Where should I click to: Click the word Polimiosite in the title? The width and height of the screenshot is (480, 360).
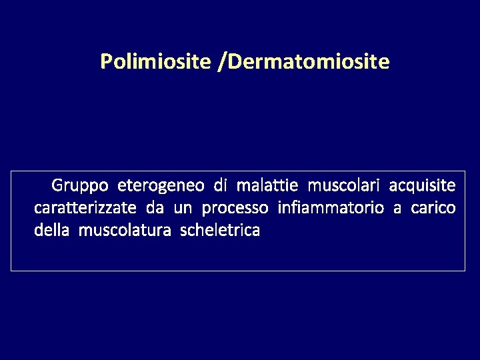(x=157, y=63)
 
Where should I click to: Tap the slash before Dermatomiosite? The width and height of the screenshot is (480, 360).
(x=222, y=63)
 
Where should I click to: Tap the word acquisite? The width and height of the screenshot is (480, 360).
(x=423, y=184)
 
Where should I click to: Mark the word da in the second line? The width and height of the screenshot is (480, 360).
(x=155, y=208)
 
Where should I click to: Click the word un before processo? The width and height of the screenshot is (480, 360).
(x=183, y=208)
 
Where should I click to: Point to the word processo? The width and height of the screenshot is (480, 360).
(x=235, y=209)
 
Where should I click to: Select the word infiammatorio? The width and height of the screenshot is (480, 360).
(x=330, y=208)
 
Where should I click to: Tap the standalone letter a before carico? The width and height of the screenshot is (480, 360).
(x=397, y=209)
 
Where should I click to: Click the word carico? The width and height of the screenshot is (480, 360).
(x=433, y=208)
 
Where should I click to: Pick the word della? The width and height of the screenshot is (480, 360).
(x=52, y=231)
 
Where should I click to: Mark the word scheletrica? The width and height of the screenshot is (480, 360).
(x=220, y=231)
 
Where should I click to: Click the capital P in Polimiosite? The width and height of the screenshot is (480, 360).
(x=106, y=63)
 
